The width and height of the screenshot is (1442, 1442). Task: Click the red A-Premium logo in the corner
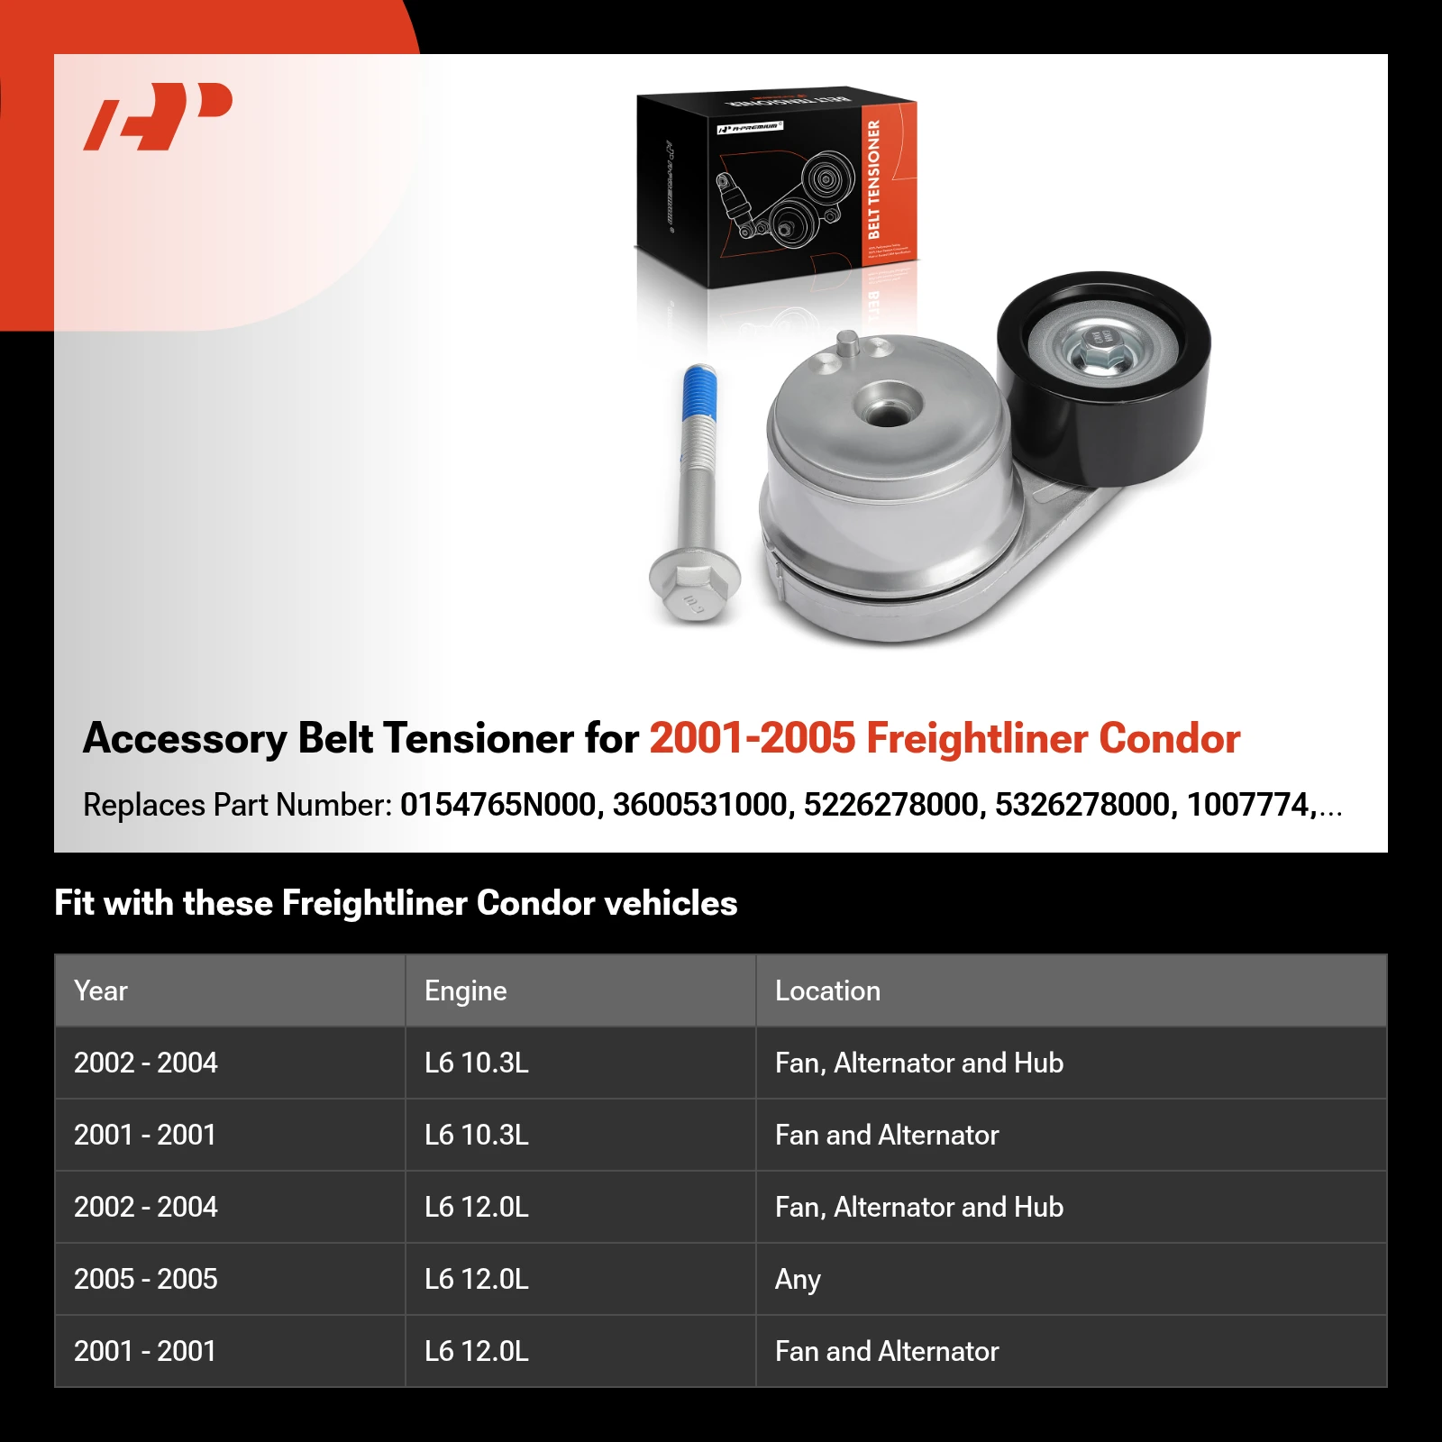(159, 115)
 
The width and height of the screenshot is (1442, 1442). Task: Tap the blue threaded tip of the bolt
(700, 392)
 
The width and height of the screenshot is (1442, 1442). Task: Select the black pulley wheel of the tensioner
(1104, 379)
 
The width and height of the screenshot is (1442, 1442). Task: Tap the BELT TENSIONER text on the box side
(872, 179)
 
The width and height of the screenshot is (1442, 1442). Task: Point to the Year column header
(101, 990)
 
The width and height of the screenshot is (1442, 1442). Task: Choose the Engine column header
(465, 990)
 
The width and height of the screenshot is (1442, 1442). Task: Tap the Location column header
(827, 990)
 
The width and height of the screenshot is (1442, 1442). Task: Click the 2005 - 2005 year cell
(146, 1279)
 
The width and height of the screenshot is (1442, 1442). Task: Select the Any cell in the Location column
(798, 1279)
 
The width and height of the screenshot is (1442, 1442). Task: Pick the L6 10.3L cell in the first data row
(477, 1063)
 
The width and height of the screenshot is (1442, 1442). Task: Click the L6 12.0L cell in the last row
(477, 1351)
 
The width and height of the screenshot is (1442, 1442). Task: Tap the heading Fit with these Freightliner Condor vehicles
(396, 903)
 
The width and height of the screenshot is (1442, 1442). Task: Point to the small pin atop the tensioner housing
(848, 342)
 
